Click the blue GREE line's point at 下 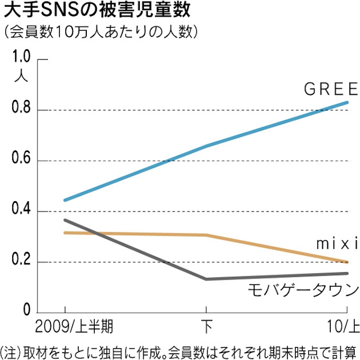pyautogui.click(x=205, y=146)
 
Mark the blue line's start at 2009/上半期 pyautogui.click(x=65, y=200)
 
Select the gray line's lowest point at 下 pyautogui.click(x=205, y=279)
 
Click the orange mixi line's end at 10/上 pyautogui.click(x=347, y=262)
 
